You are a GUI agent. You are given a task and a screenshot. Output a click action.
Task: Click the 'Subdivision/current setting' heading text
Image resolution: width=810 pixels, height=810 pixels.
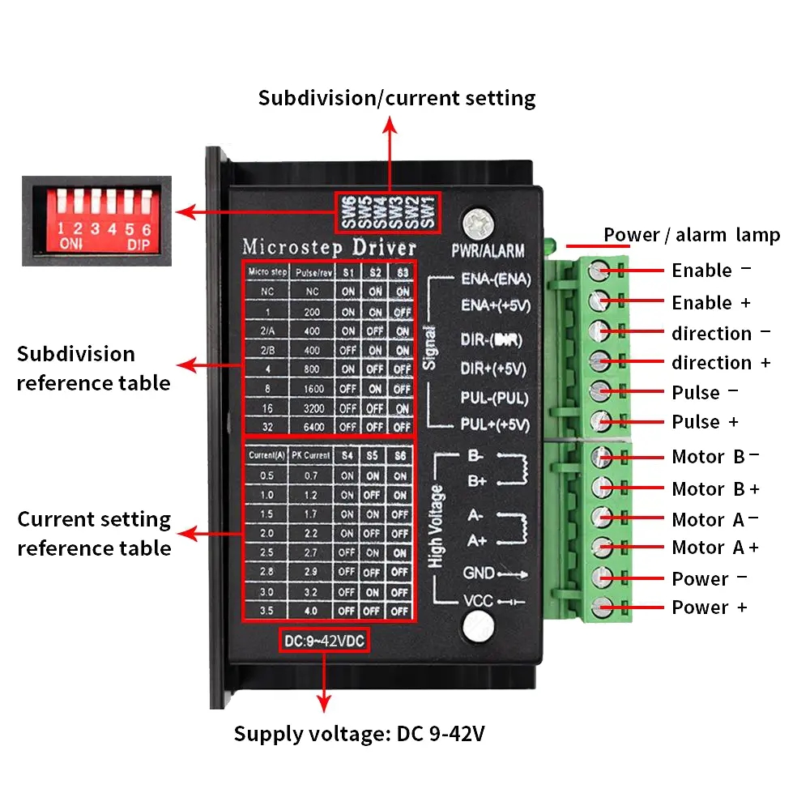tap(397, 98)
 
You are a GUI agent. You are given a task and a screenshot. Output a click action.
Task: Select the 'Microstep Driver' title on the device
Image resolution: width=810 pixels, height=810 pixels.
tap(329, 246)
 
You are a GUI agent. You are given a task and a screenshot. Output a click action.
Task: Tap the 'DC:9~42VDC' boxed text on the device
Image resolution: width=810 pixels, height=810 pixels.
tap(325, 641)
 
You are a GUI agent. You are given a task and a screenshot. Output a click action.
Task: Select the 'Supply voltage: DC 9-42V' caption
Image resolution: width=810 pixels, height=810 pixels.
tap(360, 734)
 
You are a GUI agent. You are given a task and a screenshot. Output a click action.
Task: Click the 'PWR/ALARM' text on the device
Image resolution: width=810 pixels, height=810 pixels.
tap(488, 251)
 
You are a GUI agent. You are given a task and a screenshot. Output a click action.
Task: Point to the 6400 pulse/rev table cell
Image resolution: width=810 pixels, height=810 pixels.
tap(313, 427)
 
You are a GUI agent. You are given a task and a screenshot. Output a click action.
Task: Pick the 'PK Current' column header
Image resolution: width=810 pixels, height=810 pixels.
tap(311, 456)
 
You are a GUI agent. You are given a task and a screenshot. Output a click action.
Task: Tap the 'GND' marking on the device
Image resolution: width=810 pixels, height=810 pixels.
tap(479, 573)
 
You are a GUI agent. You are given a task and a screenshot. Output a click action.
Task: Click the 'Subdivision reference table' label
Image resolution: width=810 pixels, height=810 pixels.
tap(93, 369)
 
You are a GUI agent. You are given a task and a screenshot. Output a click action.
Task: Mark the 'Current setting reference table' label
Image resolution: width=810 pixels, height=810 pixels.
tap(94, 534)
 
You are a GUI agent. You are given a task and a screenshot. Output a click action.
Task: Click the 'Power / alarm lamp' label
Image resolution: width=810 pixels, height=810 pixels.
tap(692, 235)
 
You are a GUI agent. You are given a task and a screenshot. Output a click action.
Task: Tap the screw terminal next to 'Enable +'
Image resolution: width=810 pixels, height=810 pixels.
tap(600, 301)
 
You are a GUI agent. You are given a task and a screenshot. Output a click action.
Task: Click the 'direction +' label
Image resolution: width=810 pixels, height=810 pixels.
tap(720, 363)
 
